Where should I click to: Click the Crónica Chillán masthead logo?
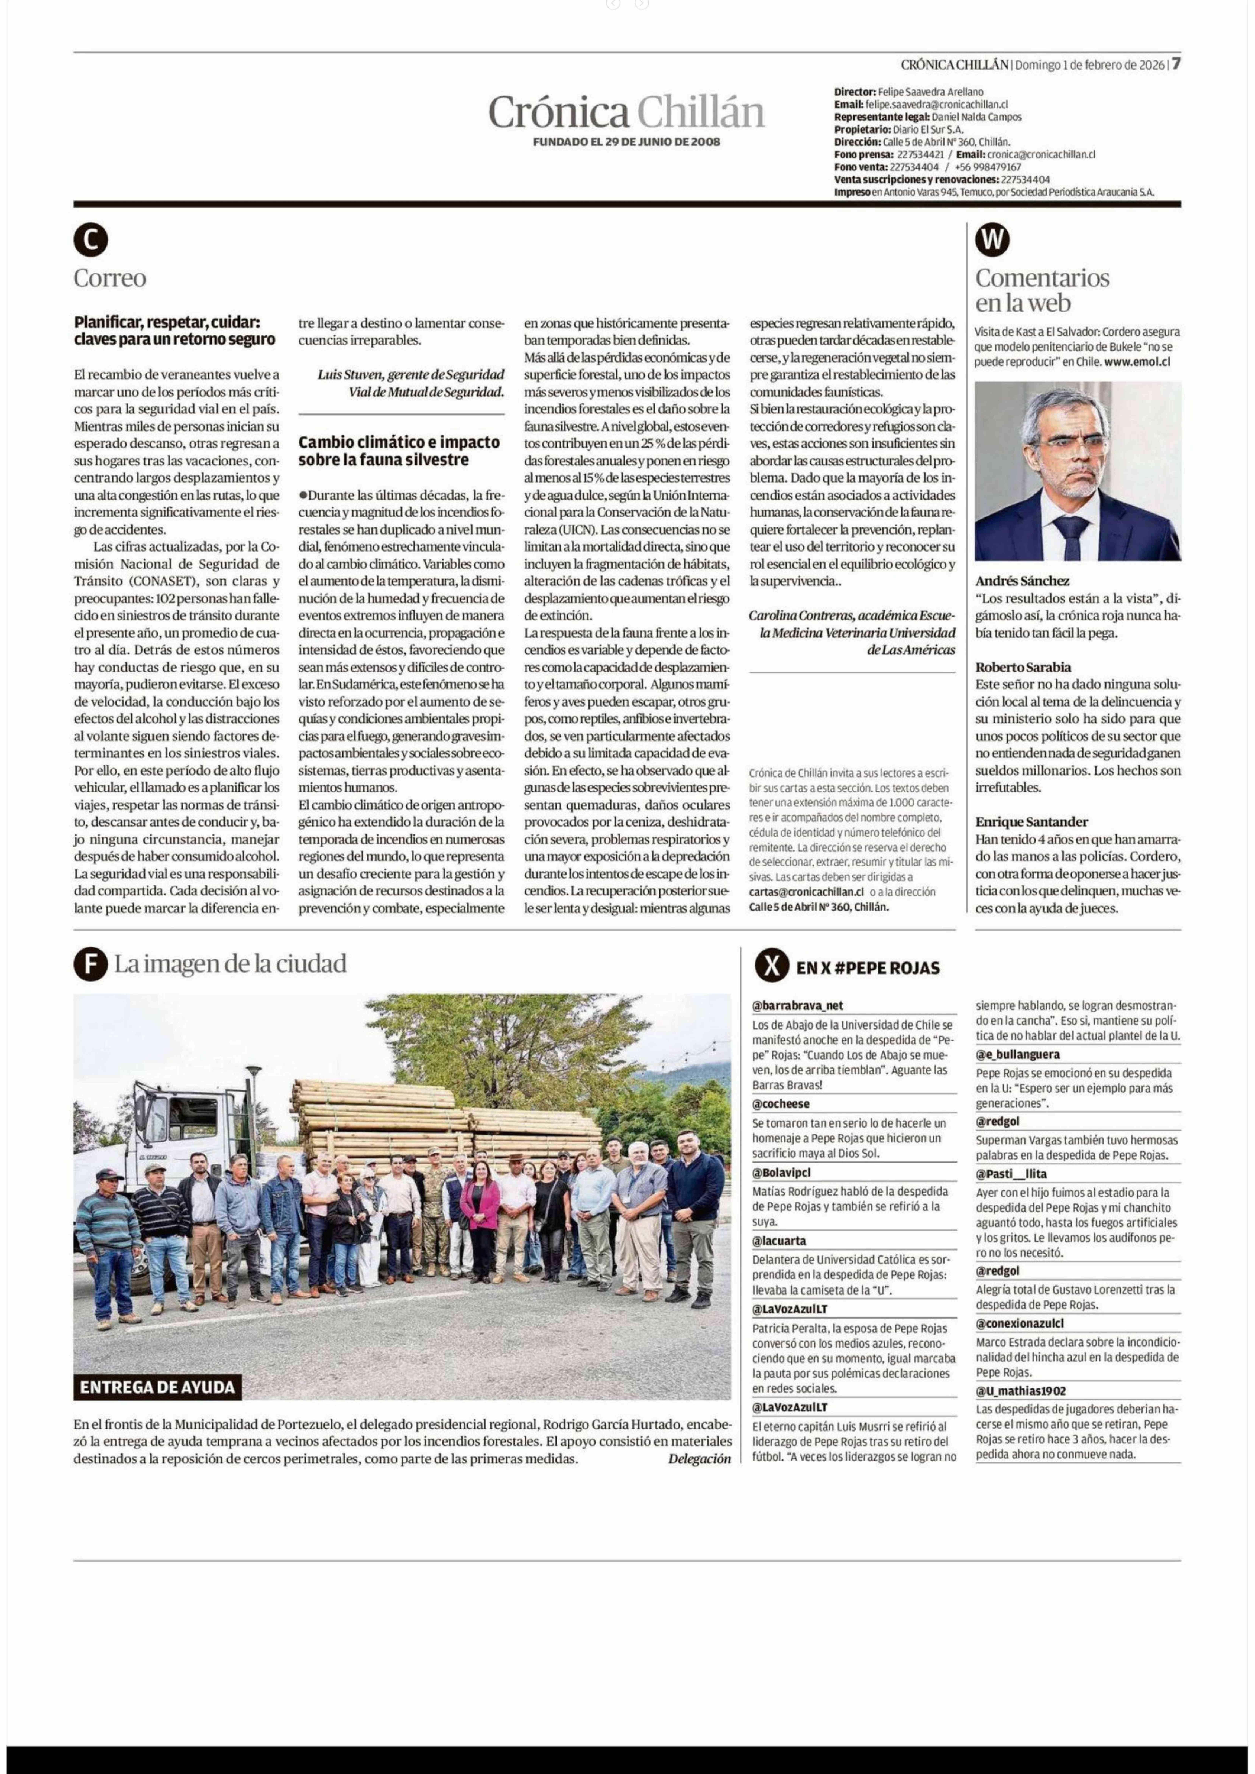[x=626, y=113]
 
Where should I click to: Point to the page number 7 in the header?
[x=1175, y=64]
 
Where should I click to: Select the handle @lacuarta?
[x=779, y=1241]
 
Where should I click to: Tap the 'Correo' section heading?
[x=110, y=278]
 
